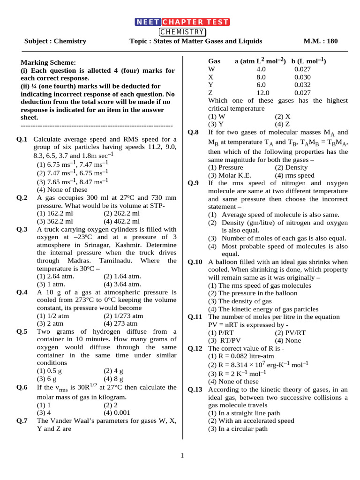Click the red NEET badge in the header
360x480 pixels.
pyautogui.click(x=148, y=22)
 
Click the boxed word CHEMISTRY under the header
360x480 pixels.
pyautogui.click(x=182, y=32)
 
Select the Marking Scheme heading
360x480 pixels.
pyautogui.click(x=47, y=63)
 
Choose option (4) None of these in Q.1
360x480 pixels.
pyautogui.click(x=62, y=190)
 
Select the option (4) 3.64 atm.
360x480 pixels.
pyautogui.click(x=122, y=284)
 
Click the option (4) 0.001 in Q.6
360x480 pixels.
pyautogui.click(x=117, y=413)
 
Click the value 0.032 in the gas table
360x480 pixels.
pyautogui.click(x=302, y=85)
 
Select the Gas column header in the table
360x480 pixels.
pyautogui.click(x=214, y=61)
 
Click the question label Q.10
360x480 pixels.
pyautogui.click(x=195, y=262)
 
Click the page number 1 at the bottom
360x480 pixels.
pyautogui.click(x=182, y=455)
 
